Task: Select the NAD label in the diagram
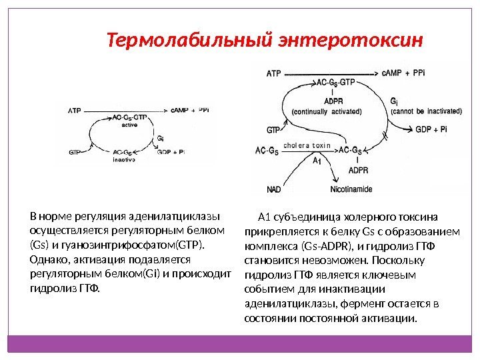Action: pyautogui.click(x=274, y=190)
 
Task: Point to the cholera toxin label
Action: pyautogui.click(x=307, y=145)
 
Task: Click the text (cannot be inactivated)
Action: pyautogui.click(x=421, y=111)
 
